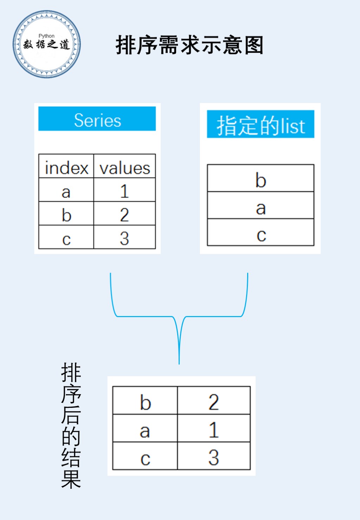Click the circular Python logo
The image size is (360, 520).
click(47, 44)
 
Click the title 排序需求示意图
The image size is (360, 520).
click(189, 45)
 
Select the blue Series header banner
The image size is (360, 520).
click(97, 118)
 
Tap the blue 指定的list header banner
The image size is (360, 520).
click(261, 124)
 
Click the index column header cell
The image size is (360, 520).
click(66, 166)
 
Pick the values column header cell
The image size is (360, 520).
click(125, 166)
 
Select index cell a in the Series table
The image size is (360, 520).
click(66, 190)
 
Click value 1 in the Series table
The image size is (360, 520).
click(125, 190)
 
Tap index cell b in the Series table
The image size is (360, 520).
click(66, 213)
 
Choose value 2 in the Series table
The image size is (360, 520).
click(125, 213)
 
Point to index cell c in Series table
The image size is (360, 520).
click(66, 237)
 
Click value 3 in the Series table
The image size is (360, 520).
click(125, 237)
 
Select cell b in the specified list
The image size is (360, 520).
click(261, 178)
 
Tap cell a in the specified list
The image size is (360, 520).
click(261, 205)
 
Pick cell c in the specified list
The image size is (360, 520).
click(261, 232)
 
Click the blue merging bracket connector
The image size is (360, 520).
click(179, 316)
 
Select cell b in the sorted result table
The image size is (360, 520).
click(145, 400)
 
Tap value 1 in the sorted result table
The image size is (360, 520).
click(214, 428)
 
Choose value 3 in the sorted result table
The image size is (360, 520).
click(214, 456)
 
